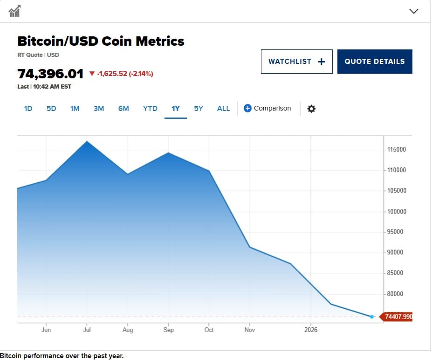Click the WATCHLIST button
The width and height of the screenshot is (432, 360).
point(296,62)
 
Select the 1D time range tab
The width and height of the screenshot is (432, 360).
point(28,109)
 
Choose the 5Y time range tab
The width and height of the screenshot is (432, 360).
point(199,109)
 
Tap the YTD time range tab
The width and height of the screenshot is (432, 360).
point(150,109)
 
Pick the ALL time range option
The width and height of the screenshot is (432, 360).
point(223,109)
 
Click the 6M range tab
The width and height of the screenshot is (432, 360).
point(123,109)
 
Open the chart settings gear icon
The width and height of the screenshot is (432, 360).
point(311,109)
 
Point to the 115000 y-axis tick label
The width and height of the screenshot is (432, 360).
point(397,150)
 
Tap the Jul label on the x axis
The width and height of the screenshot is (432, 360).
point(87,330)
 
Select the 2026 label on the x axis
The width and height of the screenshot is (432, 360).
point(310,330)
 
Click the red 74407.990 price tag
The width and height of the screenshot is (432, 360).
point(398,317)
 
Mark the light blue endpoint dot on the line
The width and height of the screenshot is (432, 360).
point(371,317)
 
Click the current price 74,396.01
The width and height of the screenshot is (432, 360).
point(50,74)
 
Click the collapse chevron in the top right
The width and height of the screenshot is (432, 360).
point(413,11)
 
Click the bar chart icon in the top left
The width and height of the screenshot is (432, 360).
point(14,11)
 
